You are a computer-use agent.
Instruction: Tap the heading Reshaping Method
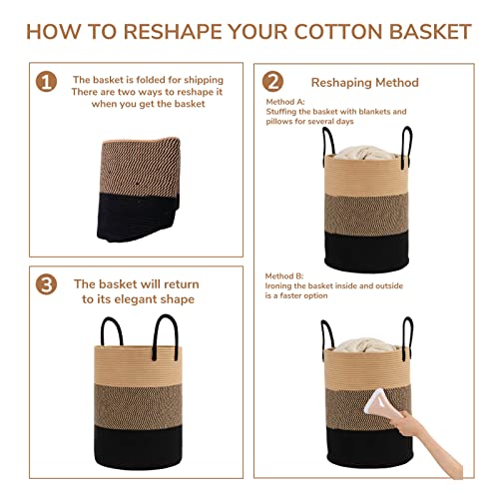pos(365,82)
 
